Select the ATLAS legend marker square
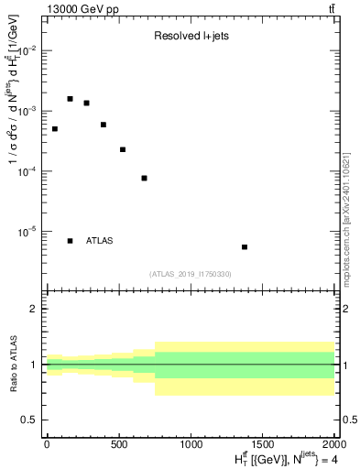click(x=71, y=241)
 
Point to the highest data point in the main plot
click(x=71, y=99)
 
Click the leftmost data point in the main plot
click(x=55, y=129)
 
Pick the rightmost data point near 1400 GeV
click(x=245, y=247)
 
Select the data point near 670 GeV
click(x=145, y=178)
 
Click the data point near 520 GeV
click(x=123, y=149)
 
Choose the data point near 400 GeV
click(x=104, y=125)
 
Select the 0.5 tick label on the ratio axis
click(x=32, y=420)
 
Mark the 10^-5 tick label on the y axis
click(x=27, y=232)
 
